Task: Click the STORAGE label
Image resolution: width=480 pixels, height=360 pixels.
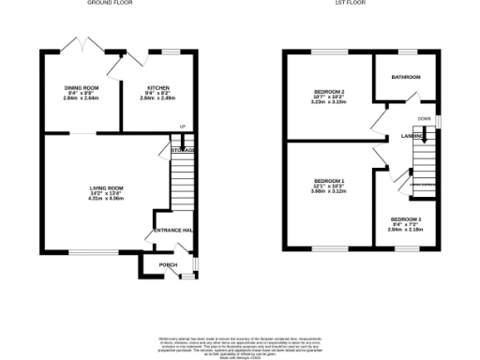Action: [183, 150]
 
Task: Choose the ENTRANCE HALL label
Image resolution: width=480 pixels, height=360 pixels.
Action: [173, 231]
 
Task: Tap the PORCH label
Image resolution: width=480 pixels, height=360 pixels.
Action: [168, 265]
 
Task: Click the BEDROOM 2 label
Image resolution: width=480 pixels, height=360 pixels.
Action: [329, 91]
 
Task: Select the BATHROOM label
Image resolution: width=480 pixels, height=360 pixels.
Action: [406, 77]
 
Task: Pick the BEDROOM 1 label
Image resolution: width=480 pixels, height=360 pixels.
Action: [329, 180]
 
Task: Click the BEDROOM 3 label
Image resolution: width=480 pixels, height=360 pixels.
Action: [406, 218]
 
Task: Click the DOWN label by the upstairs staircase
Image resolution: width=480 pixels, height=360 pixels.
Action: [425, 119]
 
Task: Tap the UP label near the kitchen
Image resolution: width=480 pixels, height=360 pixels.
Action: [183, 127]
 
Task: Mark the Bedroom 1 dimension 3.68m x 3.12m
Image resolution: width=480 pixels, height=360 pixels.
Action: [329, 190]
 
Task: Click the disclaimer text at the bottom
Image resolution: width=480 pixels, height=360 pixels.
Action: [240, 343]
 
